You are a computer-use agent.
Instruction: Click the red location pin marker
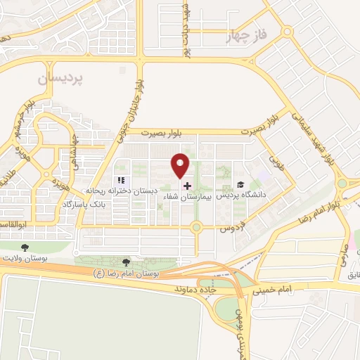click(181, 165)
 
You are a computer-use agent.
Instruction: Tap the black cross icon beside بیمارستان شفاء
click(187, 186)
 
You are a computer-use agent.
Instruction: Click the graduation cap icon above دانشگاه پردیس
click(240, 185)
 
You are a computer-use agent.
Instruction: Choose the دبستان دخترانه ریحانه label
click(122, 191)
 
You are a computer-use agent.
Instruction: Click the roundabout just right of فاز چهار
click(287, 32)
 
